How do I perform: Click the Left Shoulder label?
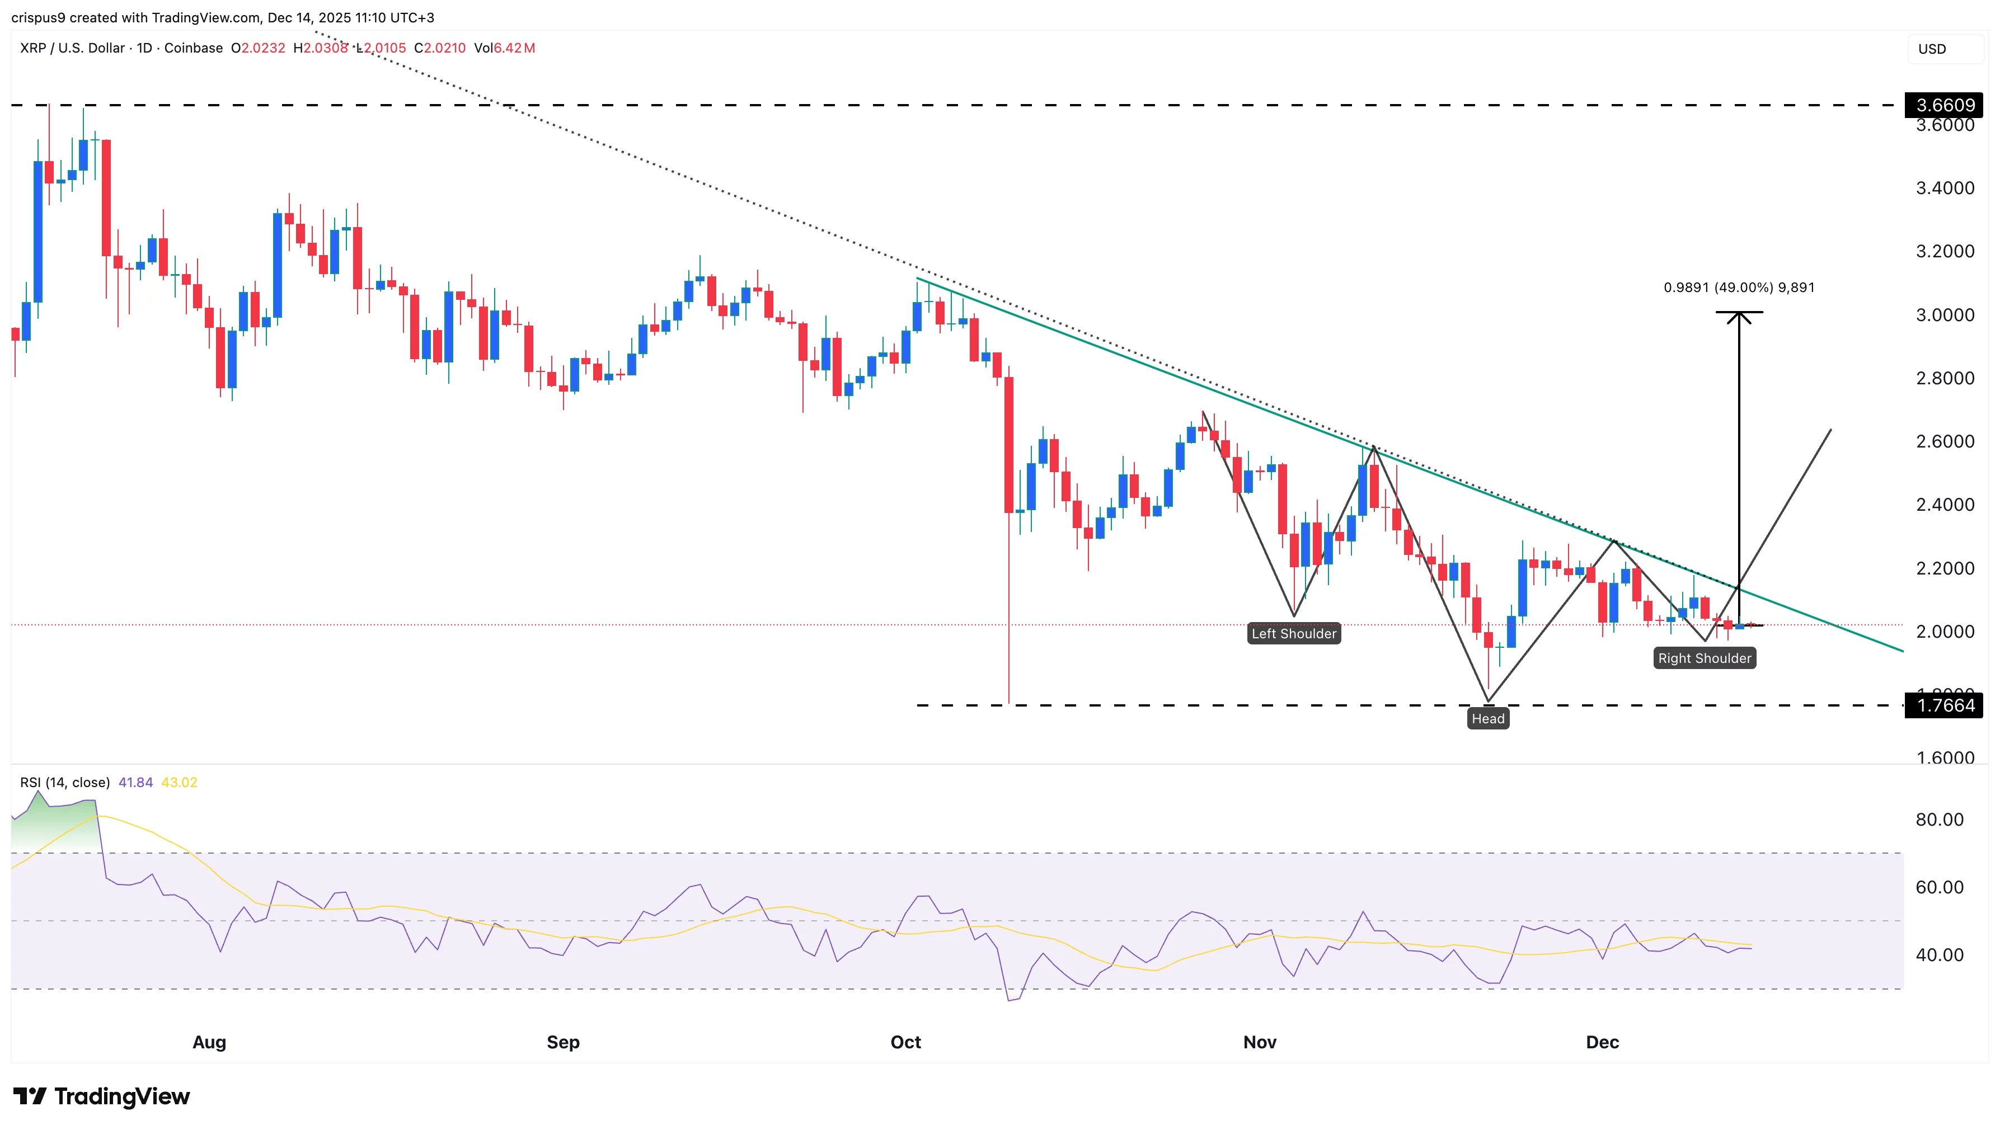click(1293, 633)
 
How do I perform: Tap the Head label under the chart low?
click(1487, 719)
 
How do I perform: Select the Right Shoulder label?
click(1704, 658)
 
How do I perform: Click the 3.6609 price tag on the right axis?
click(1944, 105)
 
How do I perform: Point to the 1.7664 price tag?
click(1944, 705)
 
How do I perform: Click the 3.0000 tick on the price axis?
click(1944, 315)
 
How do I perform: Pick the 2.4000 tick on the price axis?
click(1944, 505)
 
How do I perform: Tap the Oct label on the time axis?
click(905, 1042)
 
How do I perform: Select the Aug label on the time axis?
click(209, 1042)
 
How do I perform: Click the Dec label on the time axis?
click(1602, 1042)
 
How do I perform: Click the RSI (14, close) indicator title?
click(64, 782)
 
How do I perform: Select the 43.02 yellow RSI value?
click(179, 782)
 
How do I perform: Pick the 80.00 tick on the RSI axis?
click(1938, 820)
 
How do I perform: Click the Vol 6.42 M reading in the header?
click(505, 48)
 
